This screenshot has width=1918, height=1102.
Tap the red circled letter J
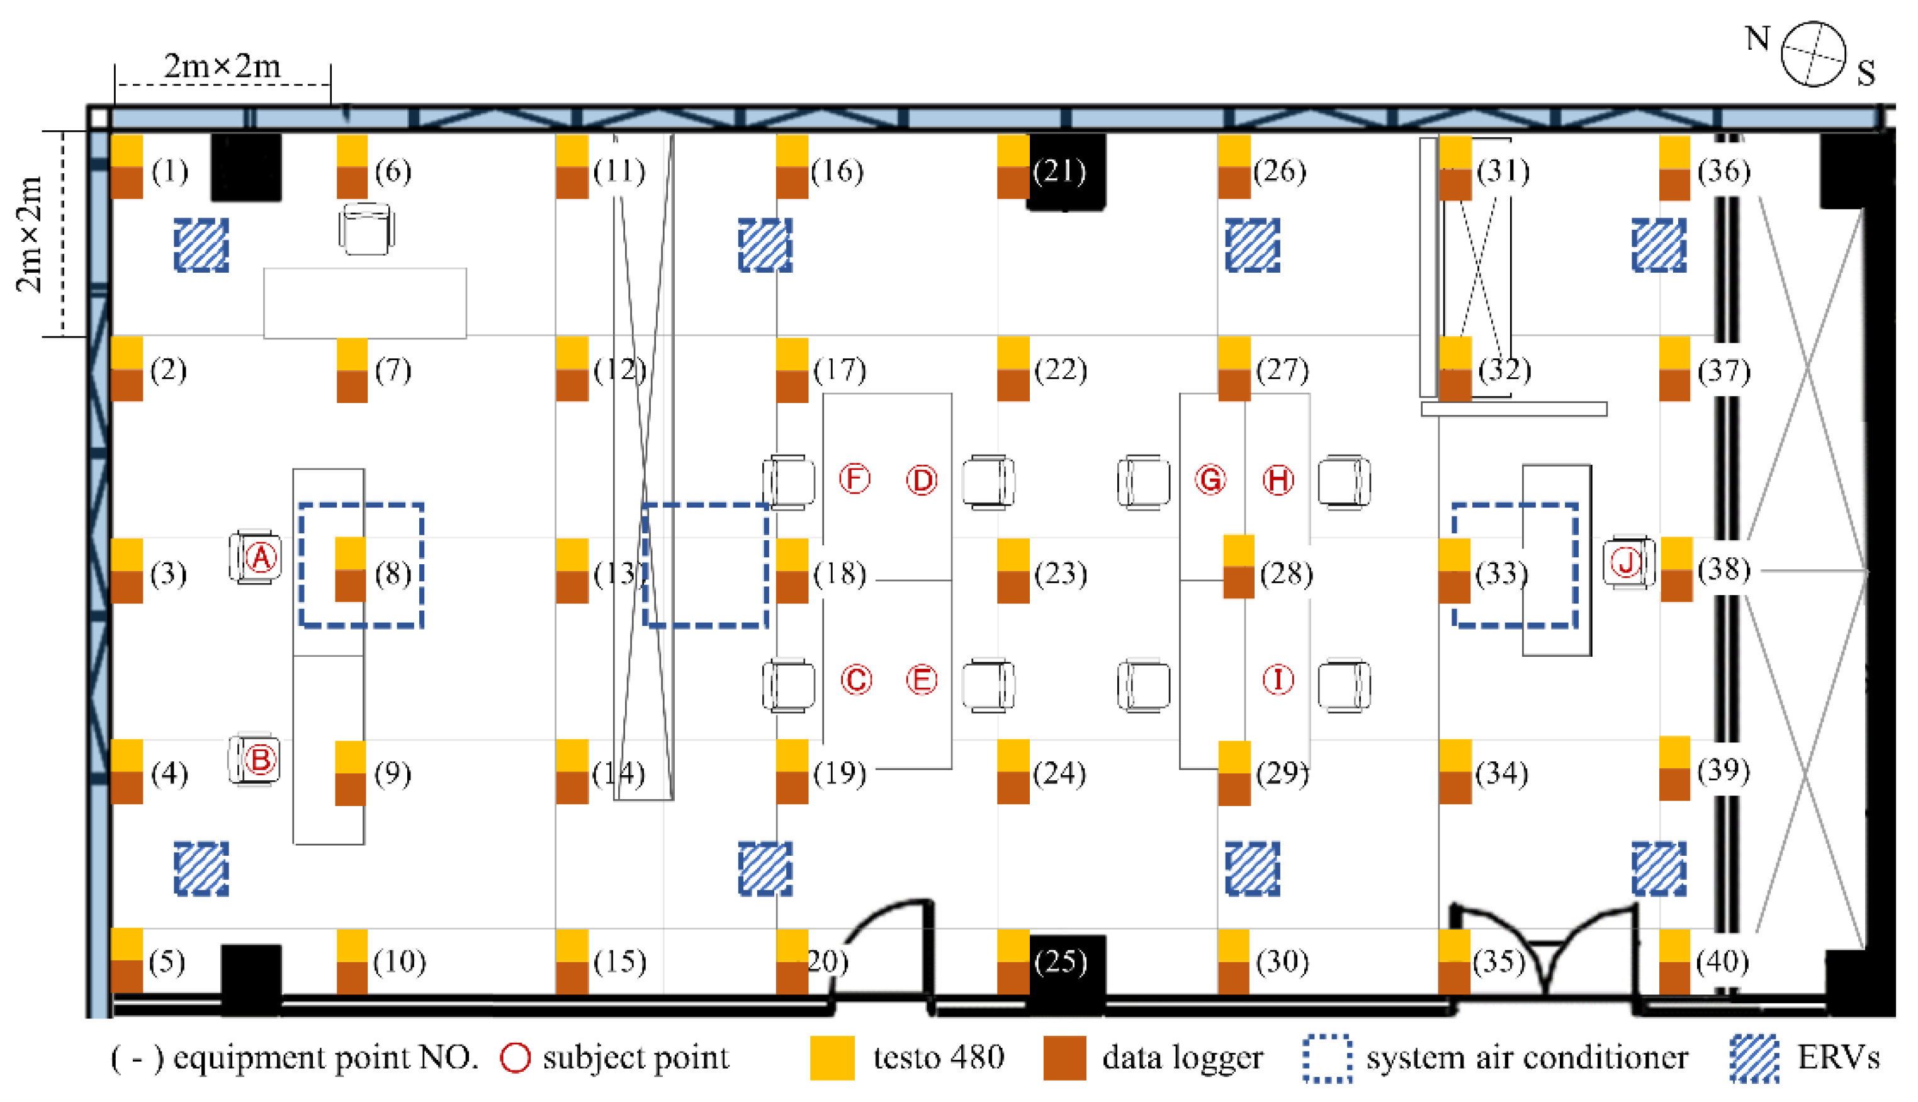(1626, 562)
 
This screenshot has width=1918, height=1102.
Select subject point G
(1210, 480)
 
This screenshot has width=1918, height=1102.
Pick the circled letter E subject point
(922, 679)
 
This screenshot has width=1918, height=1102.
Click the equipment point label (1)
(169, 172)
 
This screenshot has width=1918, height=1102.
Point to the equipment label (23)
(1061, 574)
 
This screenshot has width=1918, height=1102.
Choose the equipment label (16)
(837, 172)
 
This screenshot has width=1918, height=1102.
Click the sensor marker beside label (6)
(352, 166)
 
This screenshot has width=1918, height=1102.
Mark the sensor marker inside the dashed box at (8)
(351, 569)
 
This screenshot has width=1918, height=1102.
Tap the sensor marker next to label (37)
(1674, 368)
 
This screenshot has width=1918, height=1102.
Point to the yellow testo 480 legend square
(832, 1057)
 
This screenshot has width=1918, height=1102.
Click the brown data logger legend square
(1064, 1057)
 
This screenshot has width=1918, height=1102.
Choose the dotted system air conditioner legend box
(1327, 1057)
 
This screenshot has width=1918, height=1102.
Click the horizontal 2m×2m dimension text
(222, 67)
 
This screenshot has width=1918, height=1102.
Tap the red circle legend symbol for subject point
(516, 1057)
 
